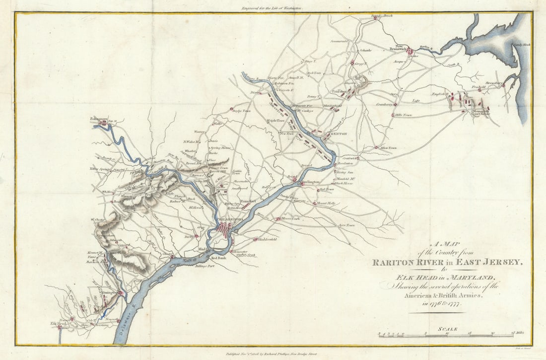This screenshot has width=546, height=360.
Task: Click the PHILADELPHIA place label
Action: click(x=229, y=219)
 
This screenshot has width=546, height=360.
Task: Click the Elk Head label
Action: click(x=58, y=324)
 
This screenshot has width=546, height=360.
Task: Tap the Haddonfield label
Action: click(x=268, y=239)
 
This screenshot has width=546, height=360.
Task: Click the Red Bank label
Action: click(x=219, y=259)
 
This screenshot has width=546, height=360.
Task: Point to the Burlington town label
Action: click(x=310, y=182)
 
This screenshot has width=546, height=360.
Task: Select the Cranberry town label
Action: click(x=384, y=104)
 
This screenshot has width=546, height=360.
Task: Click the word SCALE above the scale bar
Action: click(x=447, y=329)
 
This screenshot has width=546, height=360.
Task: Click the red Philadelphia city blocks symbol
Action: click(x=226, y=230)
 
